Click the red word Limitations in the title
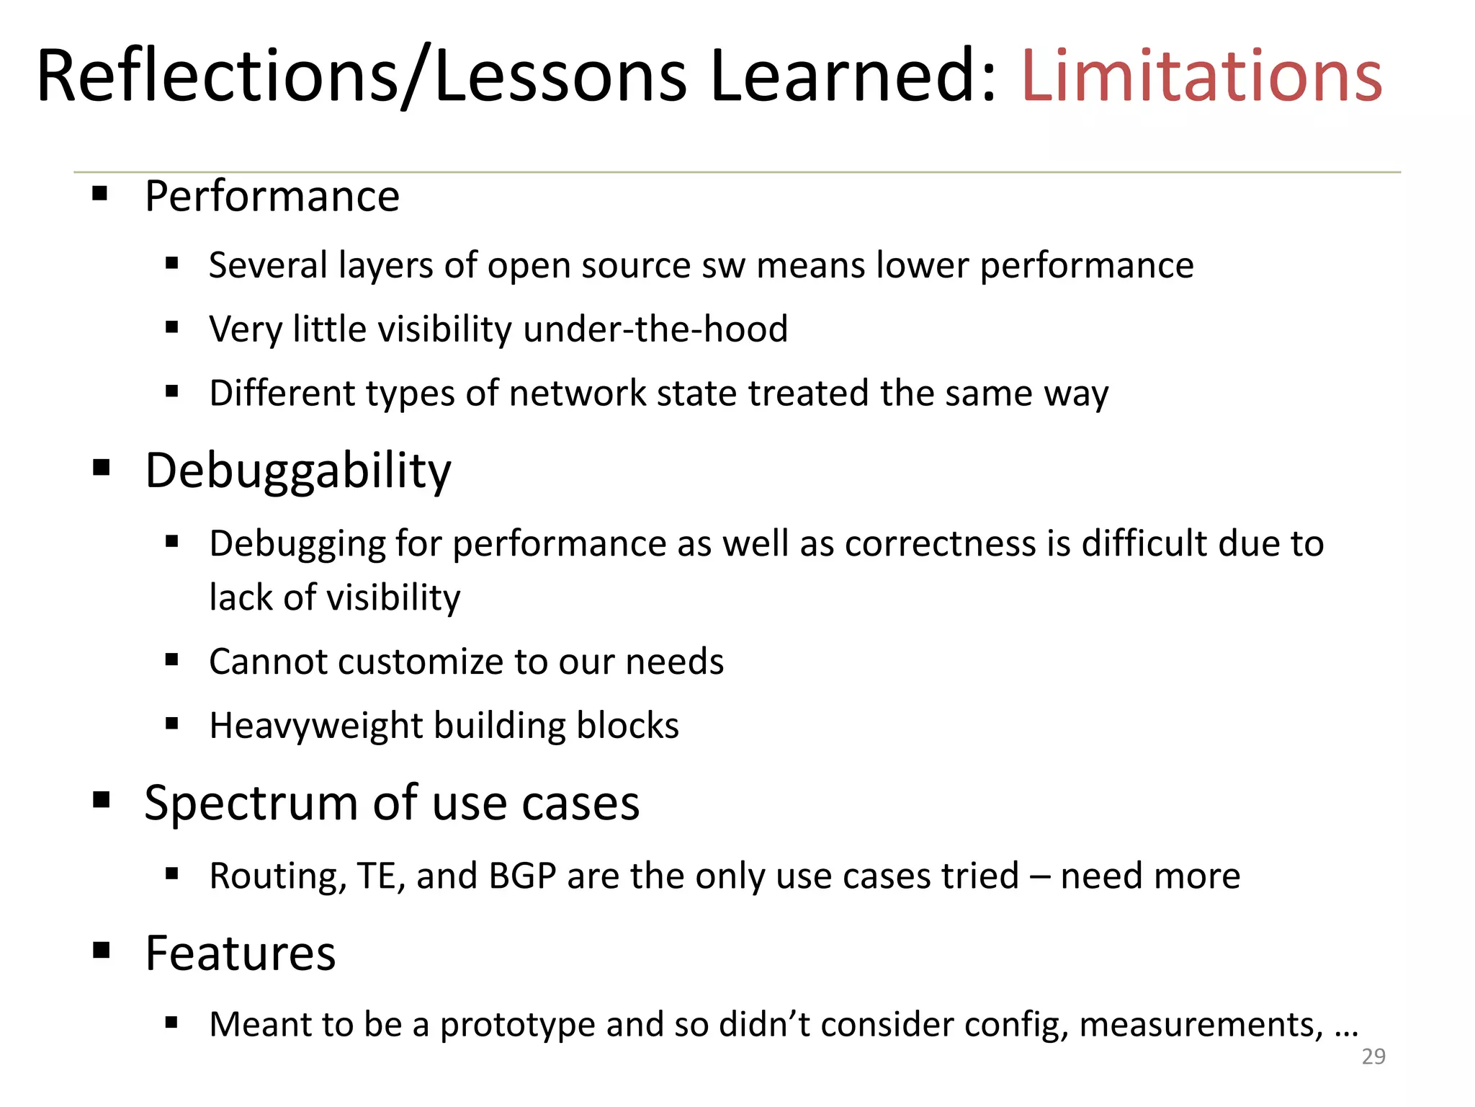pos(1201,76)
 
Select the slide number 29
pos(1373,1057)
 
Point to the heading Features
pos(241,953)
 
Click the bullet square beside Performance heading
pos(100,193)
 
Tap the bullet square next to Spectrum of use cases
pos(101,799)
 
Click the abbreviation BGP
pos(522,876)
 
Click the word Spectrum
pos(251,803)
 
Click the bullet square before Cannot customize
pos(171,659)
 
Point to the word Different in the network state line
pos(282,394)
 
